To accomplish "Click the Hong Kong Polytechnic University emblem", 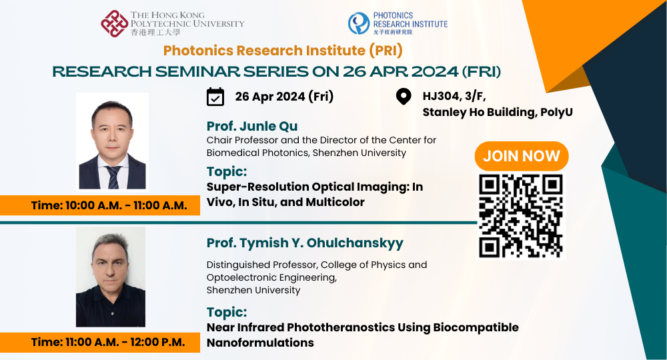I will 114,23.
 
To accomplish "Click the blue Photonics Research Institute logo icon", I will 358,23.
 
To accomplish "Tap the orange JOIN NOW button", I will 521,156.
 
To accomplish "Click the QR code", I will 521,215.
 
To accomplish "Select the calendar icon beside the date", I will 215,97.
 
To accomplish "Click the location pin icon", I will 404,97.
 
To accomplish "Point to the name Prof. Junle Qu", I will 252,127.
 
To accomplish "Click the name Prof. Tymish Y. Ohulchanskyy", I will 305,243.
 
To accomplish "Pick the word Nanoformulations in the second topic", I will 260,343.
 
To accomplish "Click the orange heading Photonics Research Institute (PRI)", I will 283,51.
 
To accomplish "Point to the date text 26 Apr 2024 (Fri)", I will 284,97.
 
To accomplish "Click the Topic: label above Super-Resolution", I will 227,171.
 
